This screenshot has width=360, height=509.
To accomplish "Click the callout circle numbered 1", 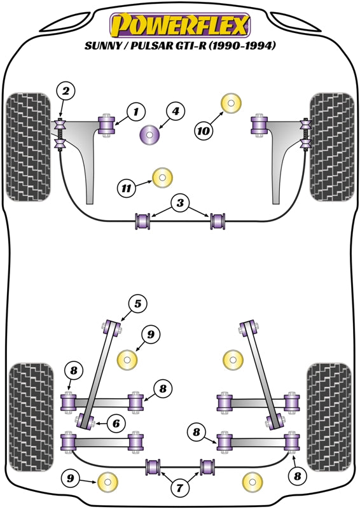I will (x=135, y=113).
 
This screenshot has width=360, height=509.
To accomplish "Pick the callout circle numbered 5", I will (x=136, y=304).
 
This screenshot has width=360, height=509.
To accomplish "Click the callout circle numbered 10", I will (x=204, y=131).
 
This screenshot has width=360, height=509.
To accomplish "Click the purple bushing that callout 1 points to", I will (x=106, y=124).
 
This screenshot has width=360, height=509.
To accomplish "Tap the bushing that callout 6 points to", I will (x=85, y=421).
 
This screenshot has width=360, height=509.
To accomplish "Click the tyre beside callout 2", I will (x=27, y=146).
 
